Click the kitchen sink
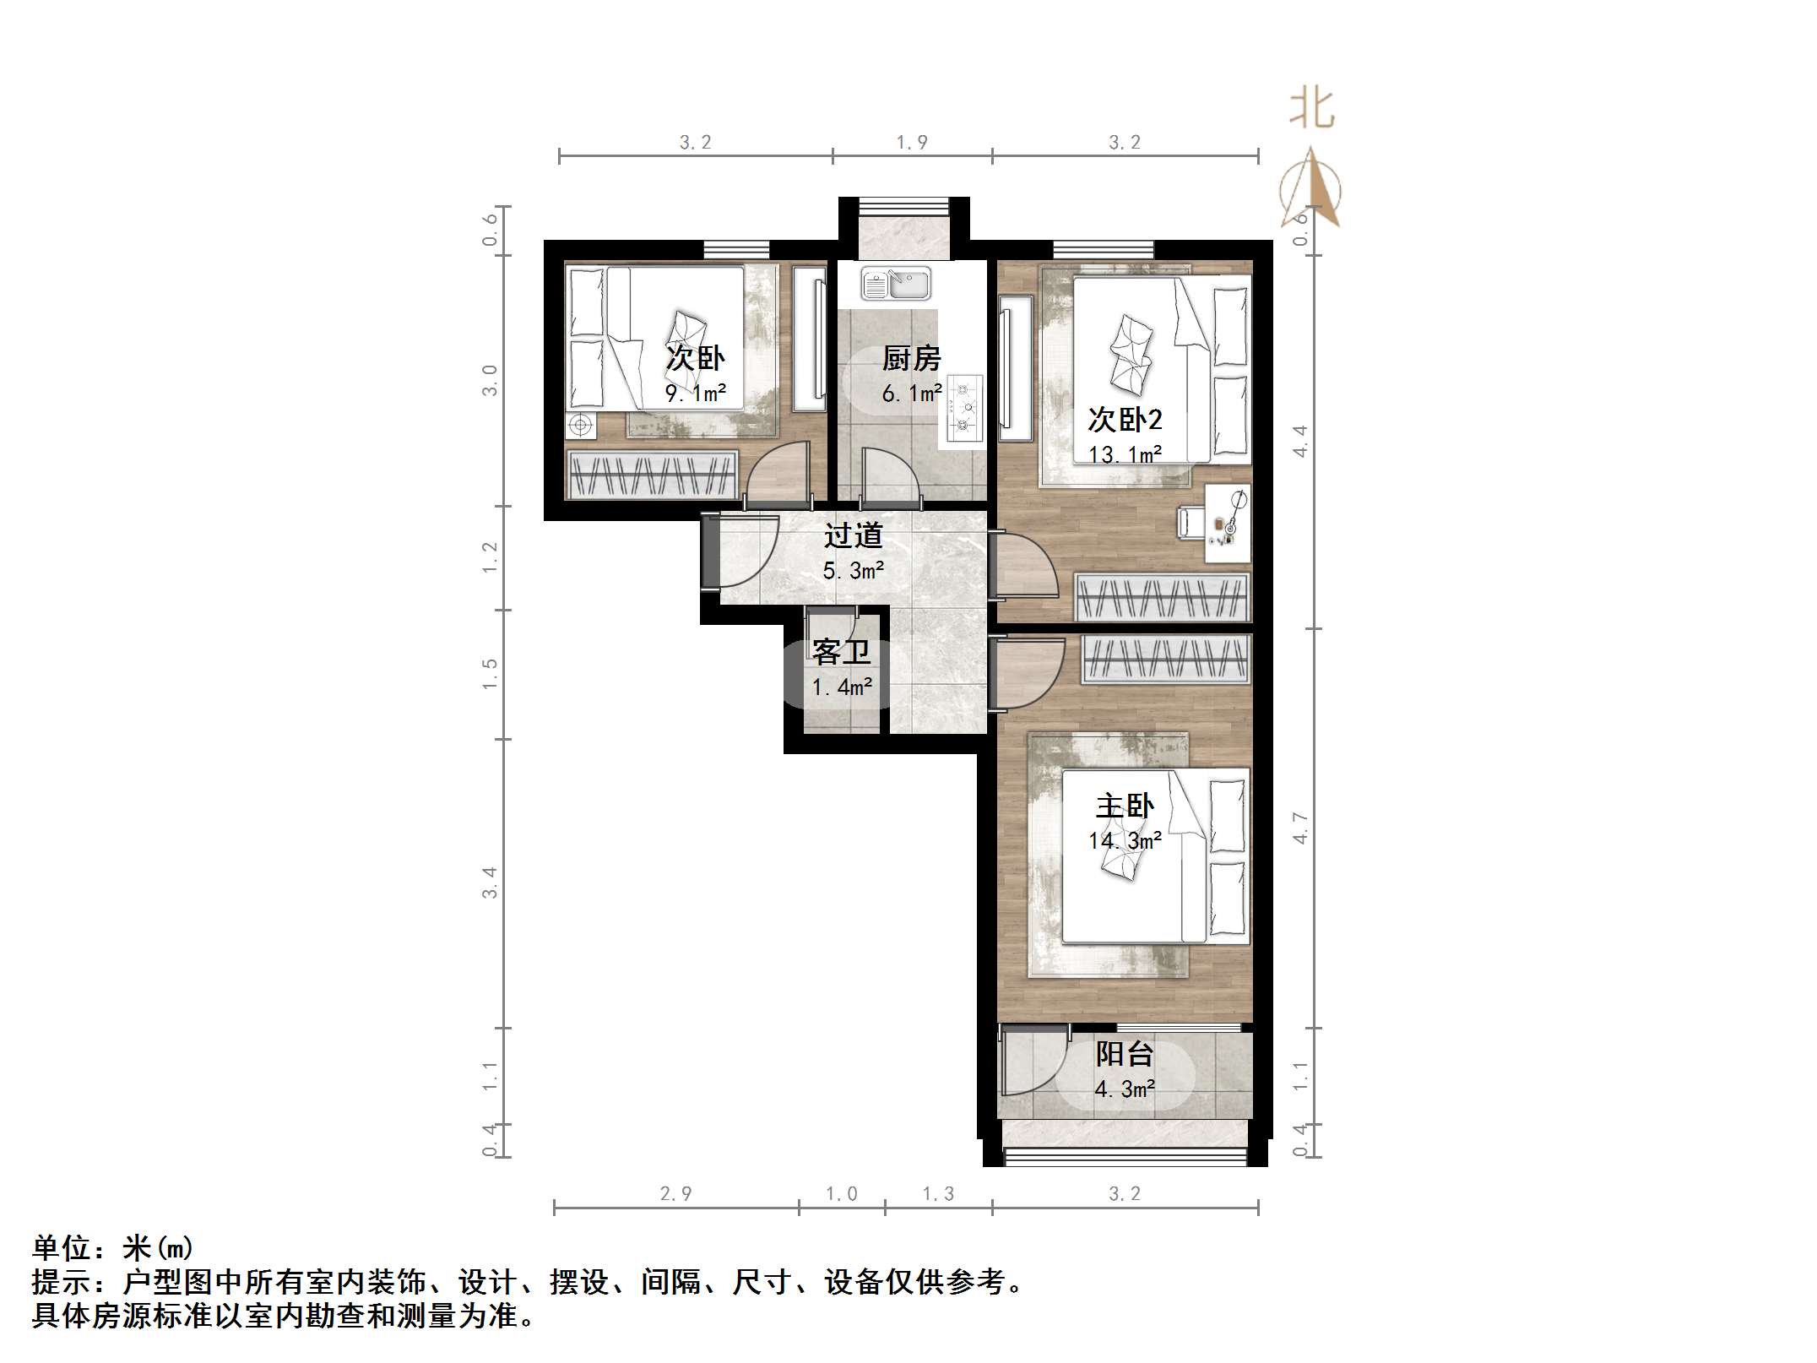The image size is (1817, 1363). pyautogui.click(x=896, y=284)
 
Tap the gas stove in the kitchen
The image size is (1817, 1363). pyautogui.click(x=964, y=410)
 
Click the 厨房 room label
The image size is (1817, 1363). pyautogui.click(x=911, y=359)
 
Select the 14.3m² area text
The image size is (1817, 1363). pyautogui.click(x=1125, y=841)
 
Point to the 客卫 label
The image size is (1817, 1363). pyautogui.click(x=841, y=652)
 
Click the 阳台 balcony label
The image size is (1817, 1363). pyautogui.click(x=1125, y=1054)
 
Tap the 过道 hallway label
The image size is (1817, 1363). pyautogui.click(x=853, y=535)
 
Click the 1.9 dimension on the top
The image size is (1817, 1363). pyautogui.click(x=912, y=143)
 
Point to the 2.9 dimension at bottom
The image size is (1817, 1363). pyautogui.click(x=675, y=1193)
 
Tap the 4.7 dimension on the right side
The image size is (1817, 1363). pyautogui.click(x=1300, y=828)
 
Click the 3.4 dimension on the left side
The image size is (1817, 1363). pyautogui.click(x=490, y=882)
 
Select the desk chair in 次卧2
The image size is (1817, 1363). pyautogui.click(x=1191, y=521)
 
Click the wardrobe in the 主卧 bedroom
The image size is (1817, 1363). pyautogui.click(x=1165, y=659)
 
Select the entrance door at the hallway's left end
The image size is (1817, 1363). pyautogui.click(x=739, y=552)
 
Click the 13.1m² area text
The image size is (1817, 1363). pyautogui.click(x=1125, y=454)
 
